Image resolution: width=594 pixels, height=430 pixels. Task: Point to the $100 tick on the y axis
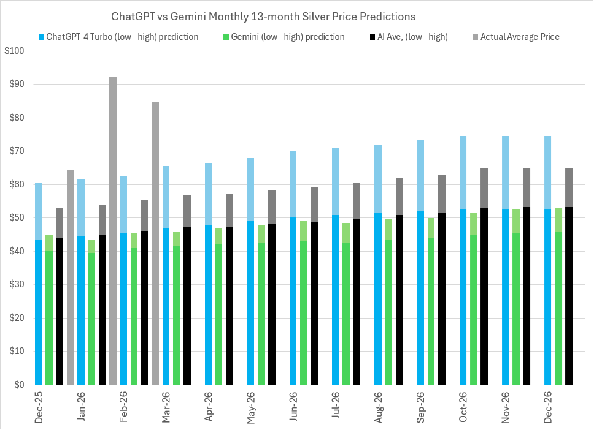tap(13, 51)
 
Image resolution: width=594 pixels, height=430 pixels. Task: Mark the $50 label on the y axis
tap(13, 218)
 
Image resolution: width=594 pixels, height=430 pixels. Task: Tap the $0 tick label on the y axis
tap(17, 385)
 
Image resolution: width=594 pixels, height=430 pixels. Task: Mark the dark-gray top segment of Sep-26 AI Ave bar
tap(442, 194)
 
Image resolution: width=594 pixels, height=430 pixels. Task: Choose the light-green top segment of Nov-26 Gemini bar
tap(516, 221)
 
